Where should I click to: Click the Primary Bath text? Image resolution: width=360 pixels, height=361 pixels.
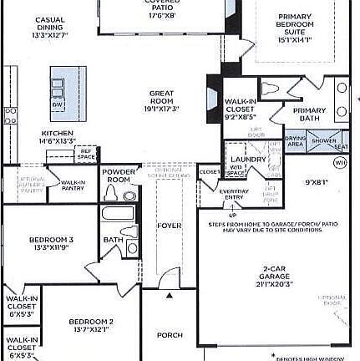click(x=309, y=114)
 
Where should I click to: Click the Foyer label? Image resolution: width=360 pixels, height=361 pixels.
click(x=170, y=226)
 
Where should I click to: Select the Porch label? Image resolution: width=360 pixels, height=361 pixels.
click(x=170, y=335)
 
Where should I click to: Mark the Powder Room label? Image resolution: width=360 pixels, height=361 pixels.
click(x=119, y=175)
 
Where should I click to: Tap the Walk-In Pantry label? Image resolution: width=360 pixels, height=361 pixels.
click(x=73, y=185)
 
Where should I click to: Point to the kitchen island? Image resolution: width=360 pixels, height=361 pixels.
click(x=68, y=87)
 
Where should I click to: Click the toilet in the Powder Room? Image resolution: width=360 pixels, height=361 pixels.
click(x=113, y=193)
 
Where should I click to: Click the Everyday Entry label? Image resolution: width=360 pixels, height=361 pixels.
click(x=235, y=194)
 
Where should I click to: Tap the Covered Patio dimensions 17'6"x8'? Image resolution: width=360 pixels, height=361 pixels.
click(x=161, y=14)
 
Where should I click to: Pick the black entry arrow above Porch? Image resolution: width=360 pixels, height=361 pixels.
click(x=170, y=295)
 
